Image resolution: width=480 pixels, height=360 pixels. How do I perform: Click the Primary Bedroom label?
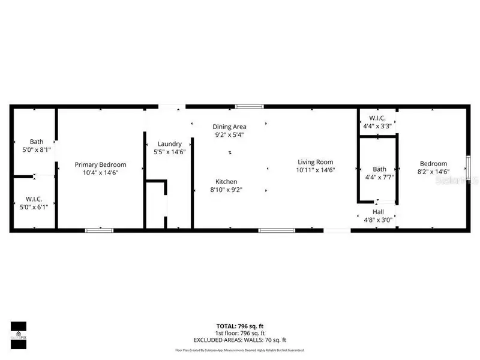[x=100, y=164]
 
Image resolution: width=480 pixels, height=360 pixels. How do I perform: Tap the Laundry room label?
[x=170, y=144]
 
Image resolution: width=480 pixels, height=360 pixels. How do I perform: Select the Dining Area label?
[x=230, y=127]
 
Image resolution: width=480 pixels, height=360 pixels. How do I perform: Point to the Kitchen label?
[x=227, y=181]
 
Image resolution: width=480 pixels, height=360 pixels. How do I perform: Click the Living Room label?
[x=314, y=162]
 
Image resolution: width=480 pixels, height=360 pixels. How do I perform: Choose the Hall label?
[x=378, y=212]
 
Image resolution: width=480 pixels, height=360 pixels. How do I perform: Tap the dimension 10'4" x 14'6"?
[x=100, y=172]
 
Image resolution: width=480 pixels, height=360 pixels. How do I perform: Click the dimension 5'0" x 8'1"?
[x=32, y=150]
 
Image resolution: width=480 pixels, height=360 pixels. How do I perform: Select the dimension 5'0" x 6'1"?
[x=32, y=207]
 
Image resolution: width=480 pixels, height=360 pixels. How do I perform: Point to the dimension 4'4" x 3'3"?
[x=377, y=126]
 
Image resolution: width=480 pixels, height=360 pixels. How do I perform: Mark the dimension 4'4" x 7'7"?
[x=379, y=177]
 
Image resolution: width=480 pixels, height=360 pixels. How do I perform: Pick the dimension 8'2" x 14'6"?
[x=433, y=172]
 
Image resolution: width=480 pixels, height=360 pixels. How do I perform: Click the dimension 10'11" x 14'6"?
[x=314, y=170]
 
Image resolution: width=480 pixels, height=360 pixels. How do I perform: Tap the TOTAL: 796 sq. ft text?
[x=240, y=327]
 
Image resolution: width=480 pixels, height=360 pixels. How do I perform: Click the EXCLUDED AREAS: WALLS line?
[x=240, y=340]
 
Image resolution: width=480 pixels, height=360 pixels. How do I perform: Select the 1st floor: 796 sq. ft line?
[x=240, y=334]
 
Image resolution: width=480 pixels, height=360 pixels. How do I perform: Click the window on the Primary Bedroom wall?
[x=99, y=230]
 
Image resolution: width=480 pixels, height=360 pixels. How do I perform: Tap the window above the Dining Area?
[x=249, y=107]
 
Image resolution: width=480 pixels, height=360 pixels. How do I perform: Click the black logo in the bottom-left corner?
[x=18, y=331]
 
